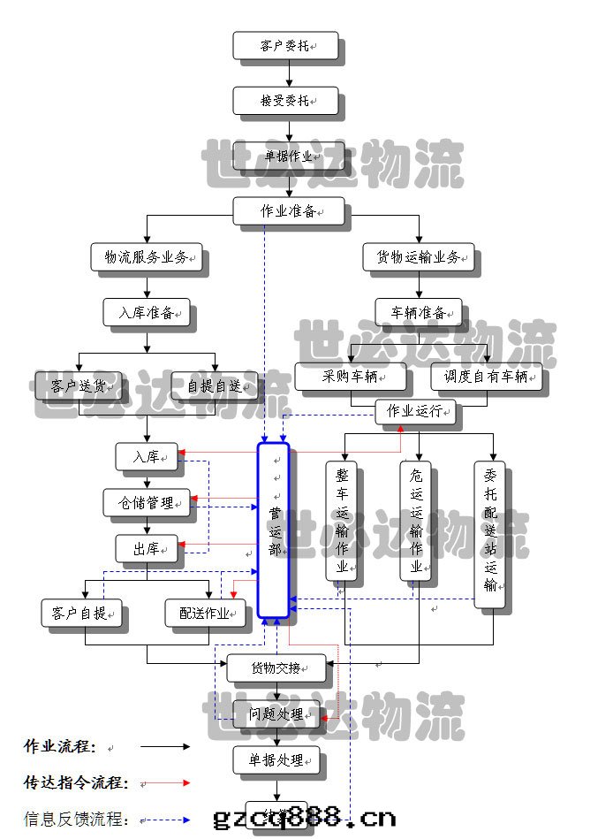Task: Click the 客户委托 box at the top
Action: (x=284, y=45)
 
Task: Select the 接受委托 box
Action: (x=284, y=100)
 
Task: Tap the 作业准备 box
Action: (x=289, y=211)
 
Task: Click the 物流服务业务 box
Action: (x=147, y=257)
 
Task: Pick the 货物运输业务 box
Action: (x=418, y=257)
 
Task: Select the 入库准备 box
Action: (x=147, y=312)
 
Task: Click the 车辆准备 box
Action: (x=418, y=312)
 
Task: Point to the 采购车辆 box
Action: (x=351, y=377)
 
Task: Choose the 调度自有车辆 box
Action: (x=486, y=377)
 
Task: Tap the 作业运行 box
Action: (x=415, y=411)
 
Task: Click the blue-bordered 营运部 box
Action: (x=274, y=529)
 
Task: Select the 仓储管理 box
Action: (x=147, y=502)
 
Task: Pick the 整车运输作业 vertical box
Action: (x=341, y=521)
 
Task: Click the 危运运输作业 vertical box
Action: (x=415, y=521)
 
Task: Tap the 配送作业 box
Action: (x=205, y=613)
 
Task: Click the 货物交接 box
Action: (x=276, y=667)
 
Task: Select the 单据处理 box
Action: (x=276, y=759)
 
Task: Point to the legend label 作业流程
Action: (x=60, y=746)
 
